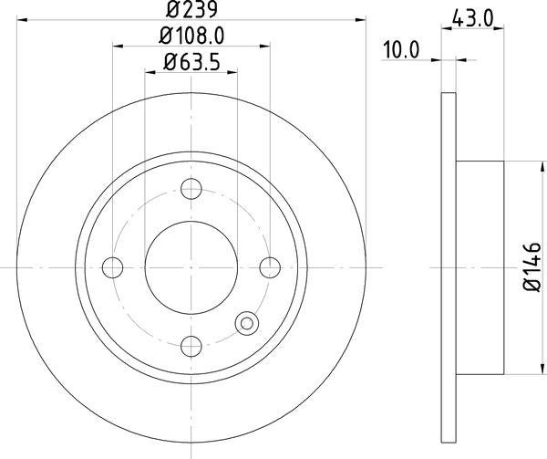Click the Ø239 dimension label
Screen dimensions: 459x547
pos(191,10)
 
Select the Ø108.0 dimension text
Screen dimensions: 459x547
pos(191,38)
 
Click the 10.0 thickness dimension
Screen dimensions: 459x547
pos(400,50)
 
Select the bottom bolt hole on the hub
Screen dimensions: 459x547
pos(191,345)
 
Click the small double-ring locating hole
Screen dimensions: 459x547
pos(246,322)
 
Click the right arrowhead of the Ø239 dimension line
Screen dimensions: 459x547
pos(362,21)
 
